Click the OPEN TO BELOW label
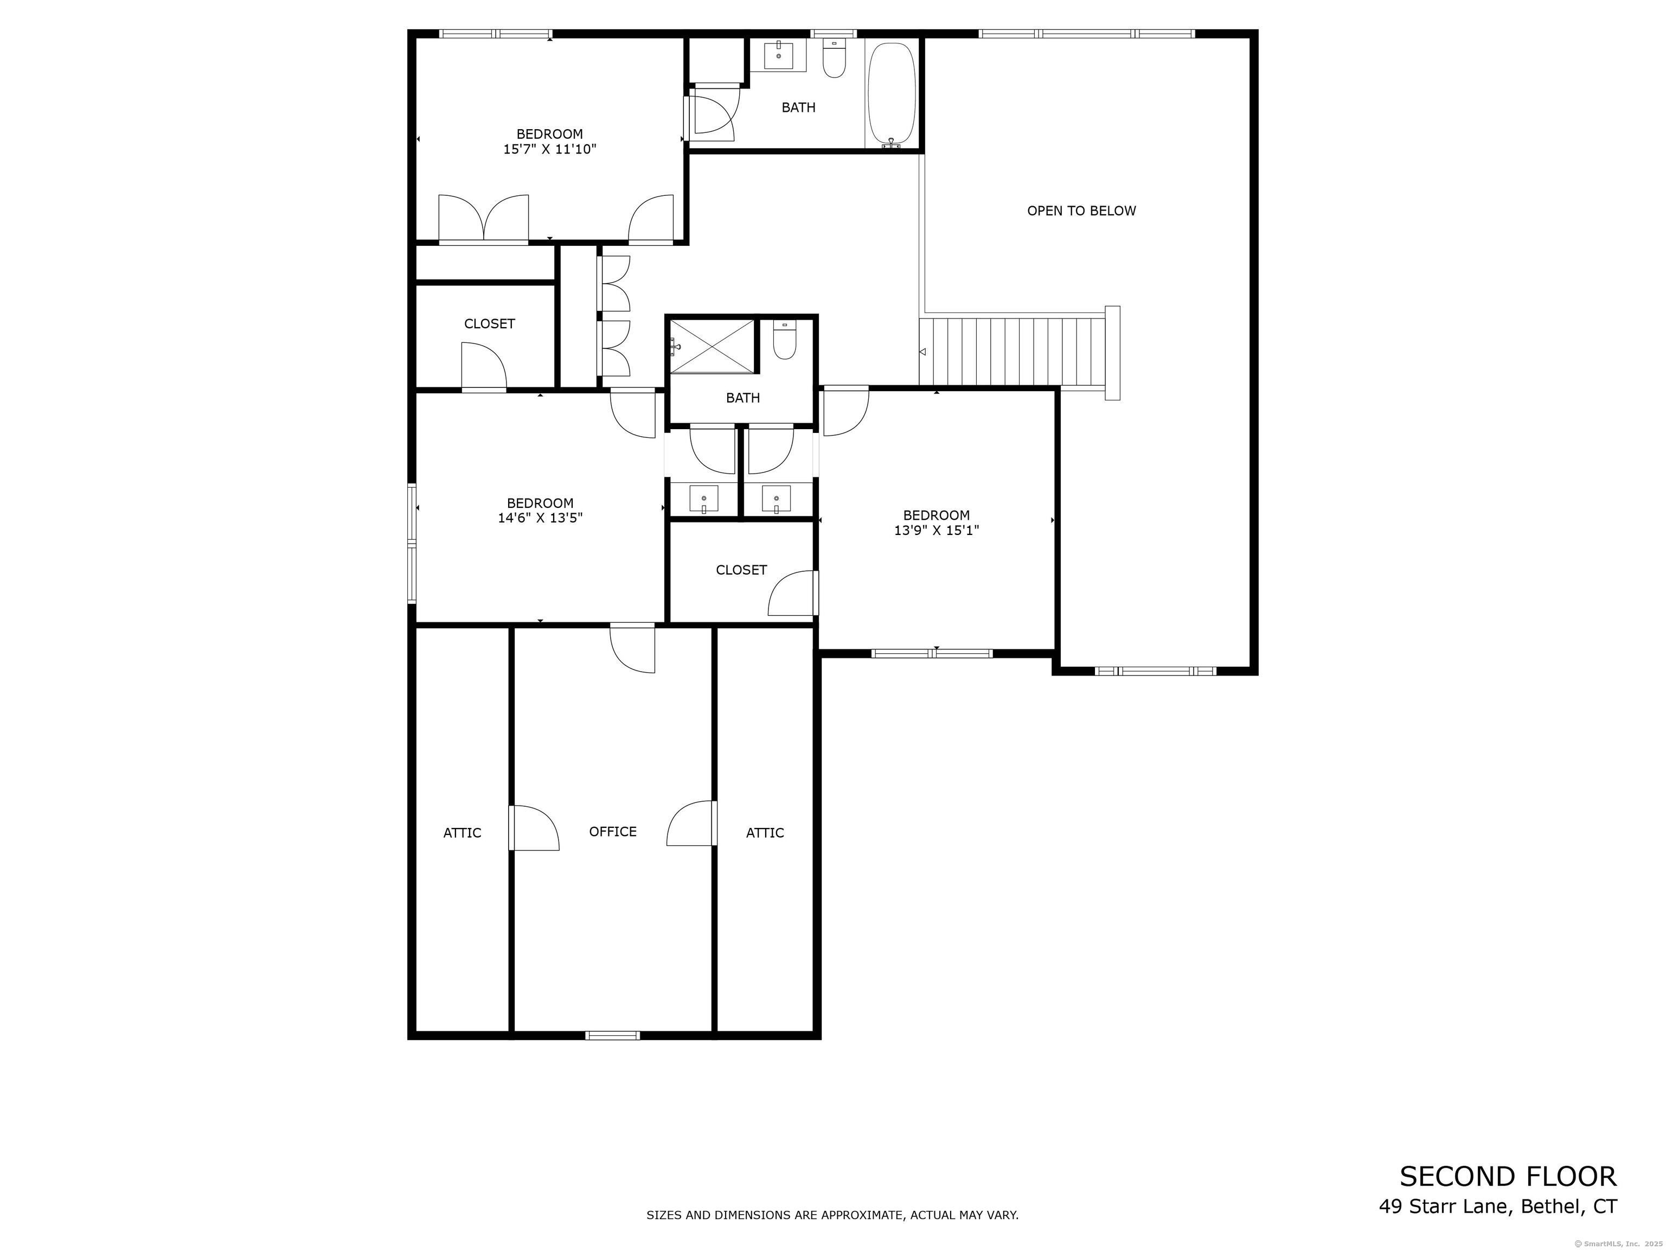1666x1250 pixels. (x=1081, y=211)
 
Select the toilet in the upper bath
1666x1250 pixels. (x=834, y=58)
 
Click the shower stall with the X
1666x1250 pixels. (x=712, y=347)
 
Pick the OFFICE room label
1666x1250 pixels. (x=612, y=831)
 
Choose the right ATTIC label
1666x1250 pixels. (x=765, y=833)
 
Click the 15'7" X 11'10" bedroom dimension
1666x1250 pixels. (x=550, y=149)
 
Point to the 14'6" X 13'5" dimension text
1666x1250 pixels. (x=540, y=518)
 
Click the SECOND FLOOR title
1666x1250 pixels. (x=1508, y=1176)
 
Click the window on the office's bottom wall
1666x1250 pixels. (x=612, y=1035)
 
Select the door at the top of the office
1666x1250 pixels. (x=632, y=648)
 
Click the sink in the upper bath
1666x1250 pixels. (x=778, y=55)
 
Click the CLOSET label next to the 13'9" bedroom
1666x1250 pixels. (x=741, y=570)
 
